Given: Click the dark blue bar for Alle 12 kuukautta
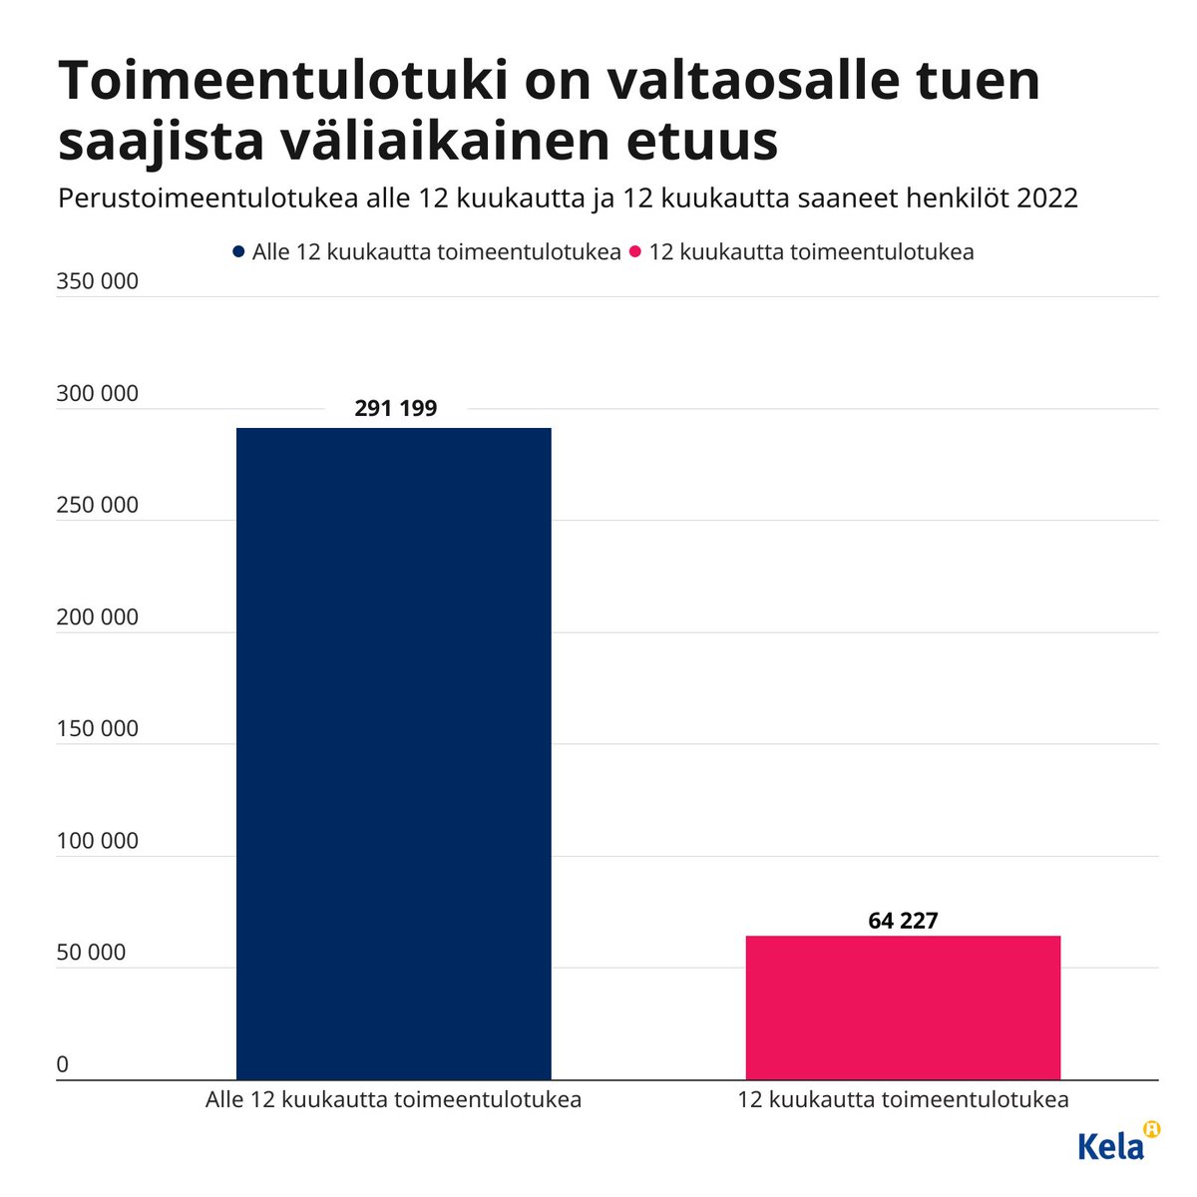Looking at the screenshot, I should click(393, 753).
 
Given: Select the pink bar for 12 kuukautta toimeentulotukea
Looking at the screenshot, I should click(903, 1007).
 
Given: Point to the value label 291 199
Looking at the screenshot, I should click(396, 408).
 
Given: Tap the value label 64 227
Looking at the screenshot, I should click(903, 920).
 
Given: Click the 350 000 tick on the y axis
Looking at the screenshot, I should click(98, 282).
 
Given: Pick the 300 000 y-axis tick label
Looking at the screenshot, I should click(98, 394).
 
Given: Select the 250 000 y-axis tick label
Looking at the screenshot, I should click(98, 506).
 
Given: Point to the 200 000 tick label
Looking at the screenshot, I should click(98, 617).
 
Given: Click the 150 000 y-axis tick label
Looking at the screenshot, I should click(98, 729).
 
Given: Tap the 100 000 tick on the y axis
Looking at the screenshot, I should click(98, 841).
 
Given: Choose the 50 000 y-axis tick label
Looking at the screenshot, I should click(92, 953).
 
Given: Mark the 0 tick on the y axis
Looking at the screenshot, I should click(63, 1064).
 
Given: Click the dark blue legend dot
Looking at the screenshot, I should click(237, 252).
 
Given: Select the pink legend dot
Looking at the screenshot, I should click(634, 252).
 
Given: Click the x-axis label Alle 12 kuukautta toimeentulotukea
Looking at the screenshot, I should click(393, 1100).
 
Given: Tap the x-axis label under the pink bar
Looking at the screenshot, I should click(903, 1100).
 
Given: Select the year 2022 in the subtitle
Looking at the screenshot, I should click(1047, 198).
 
